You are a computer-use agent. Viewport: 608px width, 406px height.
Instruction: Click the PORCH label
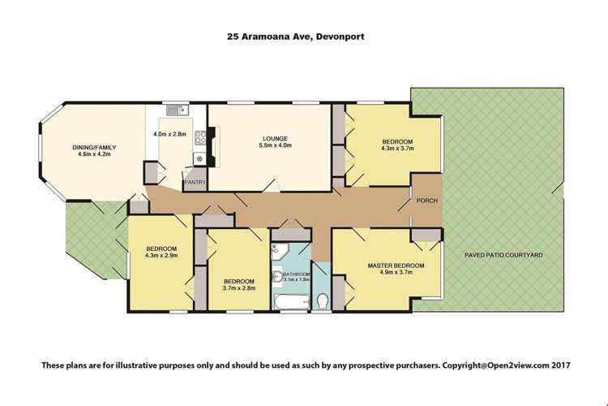[427, 201]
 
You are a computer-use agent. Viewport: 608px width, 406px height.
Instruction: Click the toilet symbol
[322, 301]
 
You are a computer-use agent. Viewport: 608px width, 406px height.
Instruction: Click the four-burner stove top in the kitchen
[195, 161]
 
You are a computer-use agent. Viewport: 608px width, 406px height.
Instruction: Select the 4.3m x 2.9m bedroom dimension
[161, 257]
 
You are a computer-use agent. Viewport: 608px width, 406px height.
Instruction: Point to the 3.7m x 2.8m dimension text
[239, 287]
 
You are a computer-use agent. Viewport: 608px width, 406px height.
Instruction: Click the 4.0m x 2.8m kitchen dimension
[169, 133]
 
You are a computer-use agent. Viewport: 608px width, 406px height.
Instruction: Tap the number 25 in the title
[233, 36]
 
